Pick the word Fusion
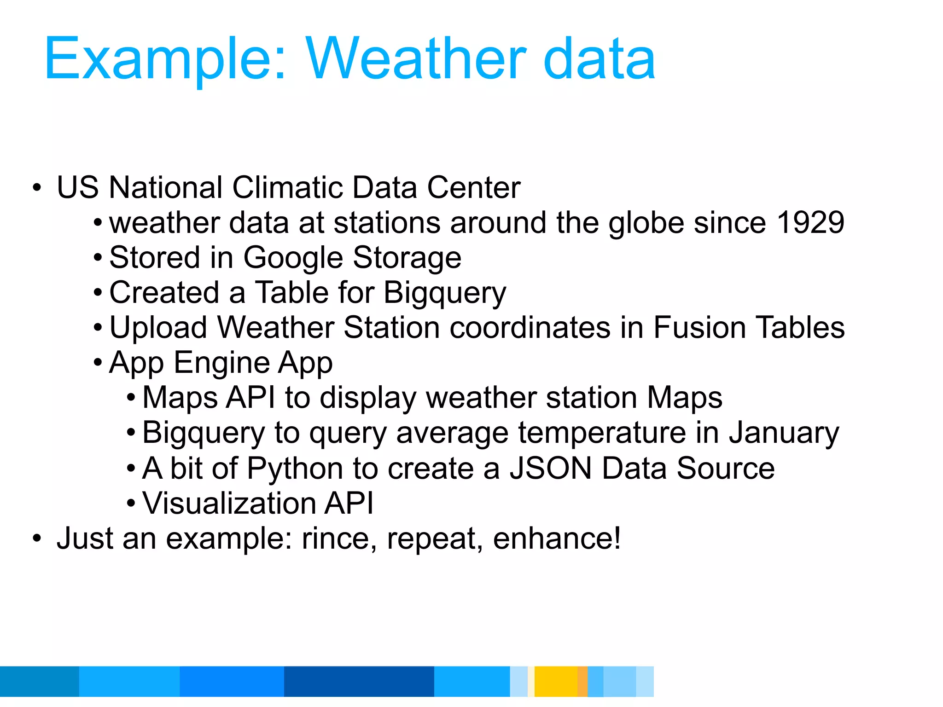[699, 328]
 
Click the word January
[784, 434]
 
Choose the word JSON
[551, 469]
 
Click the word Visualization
[228, 503]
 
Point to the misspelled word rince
[335, 539]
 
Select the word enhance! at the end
[557, 539]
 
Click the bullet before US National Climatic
[37, 188]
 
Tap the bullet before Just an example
[37, 539]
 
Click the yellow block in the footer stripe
[556, 681]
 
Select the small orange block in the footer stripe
[582, 681]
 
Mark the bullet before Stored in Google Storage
[98, 258]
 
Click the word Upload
[158, 328]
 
